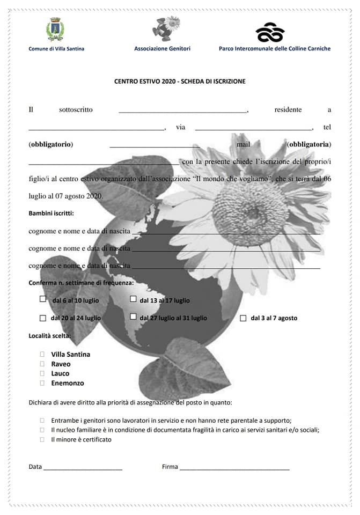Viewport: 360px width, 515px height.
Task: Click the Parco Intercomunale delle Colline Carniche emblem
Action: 269,33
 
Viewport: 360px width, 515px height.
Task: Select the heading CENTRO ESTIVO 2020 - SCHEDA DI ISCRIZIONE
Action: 180,82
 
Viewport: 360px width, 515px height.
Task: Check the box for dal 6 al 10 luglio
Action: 43,299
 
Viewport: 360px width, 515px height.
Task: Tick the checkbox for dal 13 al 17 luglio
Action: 133,299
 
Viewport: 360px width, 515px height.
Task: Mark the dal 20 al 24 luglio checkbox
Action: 43,318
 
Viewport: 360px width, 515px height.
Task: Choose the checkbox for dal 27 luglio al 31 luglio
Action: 133,317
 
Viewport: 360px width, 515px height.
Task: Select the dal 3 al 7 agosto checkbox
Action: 243,318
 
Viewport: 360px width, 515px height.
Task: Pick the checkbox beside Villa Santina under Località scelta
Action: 42,354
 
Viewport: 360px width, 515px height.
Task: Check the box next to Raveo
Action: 42,364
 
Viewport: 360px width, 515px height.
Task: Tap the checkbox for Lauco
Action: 42,373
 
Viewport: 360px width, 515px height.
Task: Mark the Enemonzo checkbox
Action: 42,383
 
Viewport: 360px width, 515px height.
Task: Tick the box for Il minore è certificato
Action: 42,439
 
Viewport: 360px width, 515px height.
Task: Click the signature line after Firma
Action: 234,468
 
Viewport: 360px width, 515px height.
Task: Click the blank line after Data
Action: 83,468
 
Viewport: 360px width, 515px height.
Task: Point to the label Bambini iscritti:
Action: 51,214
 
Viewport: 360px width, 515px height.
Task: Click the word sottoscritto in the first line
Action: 76,110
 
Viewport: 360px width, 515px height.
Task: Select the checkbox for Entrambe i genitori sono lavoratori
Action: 42,421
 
